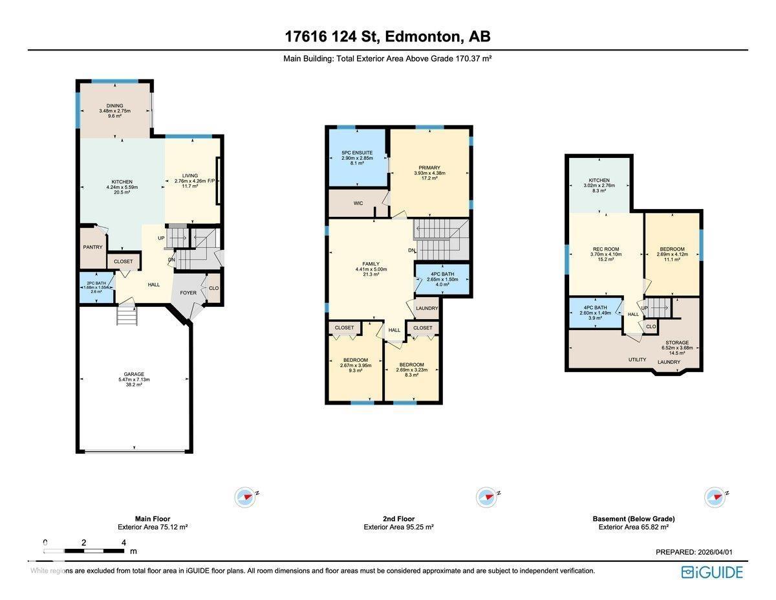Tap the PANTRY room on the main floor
coord(92,247)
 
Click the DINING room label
coord(114,106)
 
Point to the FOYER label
coord(188,293)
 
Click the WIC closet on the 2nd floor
coord(358,203)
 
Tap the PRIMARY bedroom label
coord(429,167)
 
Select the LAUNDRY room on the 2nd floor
coord(427,308)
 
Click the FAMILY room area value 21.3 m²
coord(371,274)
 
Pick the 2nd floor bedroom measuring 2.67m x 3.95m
coord(355,365)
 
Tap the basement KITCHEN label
coord(598,181)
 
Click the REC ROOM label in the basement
coord(606,249)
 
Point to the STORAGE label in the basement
coord(677,342)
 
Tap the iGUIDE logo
coord(712,572)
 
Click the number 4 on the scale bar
coord(123,542)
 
